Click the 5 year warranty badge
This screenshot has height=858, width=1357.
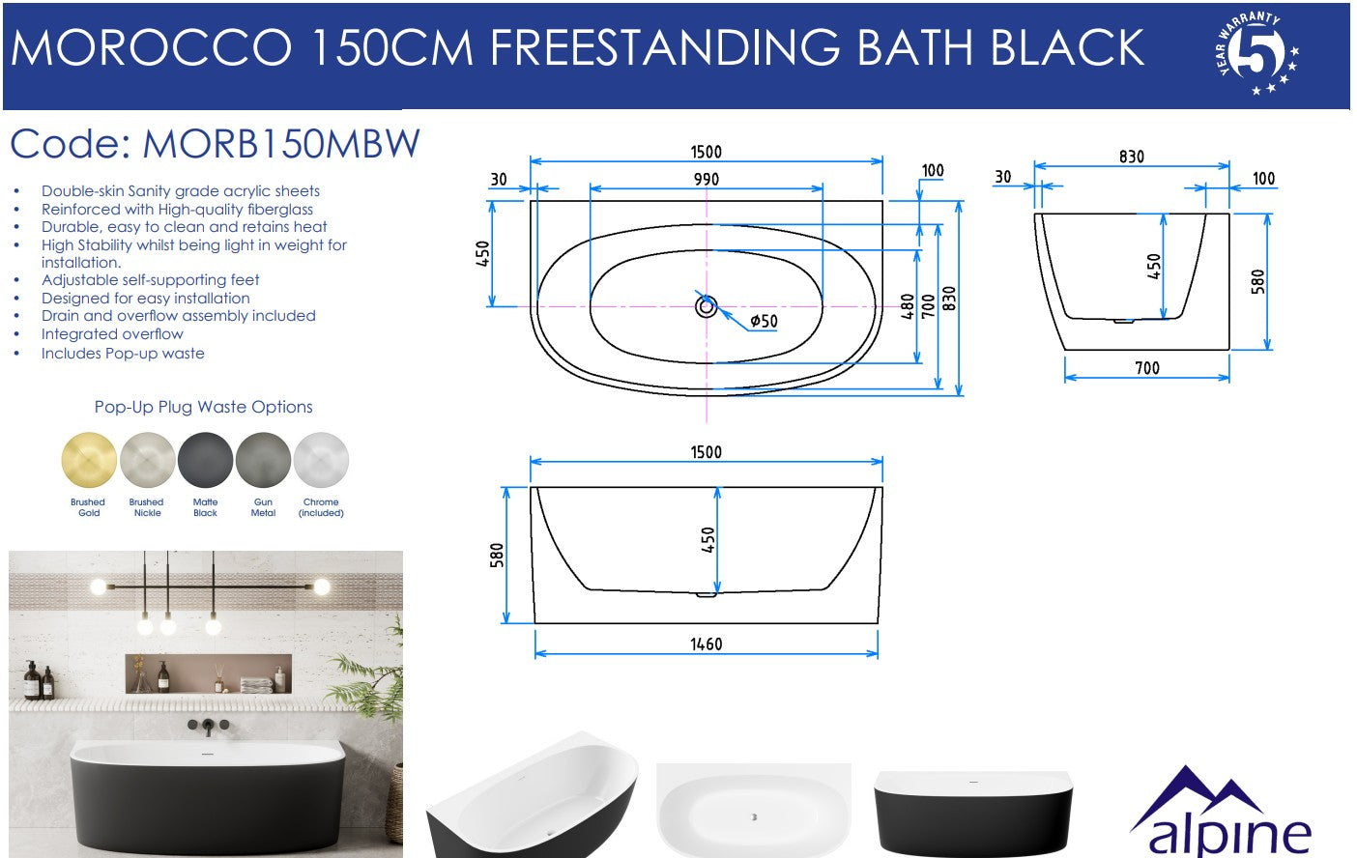pos(1256,54)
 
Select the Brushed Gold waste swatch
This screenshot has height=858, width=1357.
pos(89,460)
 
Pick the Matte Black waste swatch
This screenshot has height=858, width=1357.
pos(205,460)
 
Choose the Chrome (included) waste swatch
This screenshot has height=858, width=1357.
pos(321,460)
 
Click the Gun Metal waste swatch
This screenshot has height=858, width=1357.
pos(263,460)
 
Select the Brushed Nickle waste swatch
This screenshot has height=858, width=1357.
pos(147,460)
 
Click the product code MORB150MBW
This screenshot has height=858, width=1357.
pos(280,145)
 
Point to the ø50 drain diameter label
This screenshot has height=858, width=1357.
pos(764,322)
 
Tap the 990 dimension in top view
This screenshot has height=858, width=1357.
pos(707,179)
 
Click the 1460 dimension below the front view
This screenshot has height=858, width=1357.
pos(706,643)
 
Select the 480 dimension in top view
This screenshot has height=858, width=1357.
pos(908,307)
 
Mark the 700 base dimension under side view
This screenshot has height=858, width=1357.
pos(1147,367)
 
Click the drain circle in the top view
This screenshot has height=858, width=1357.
pos(707,307)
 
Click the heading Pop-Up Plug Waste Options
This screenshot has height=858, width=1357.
pos(203,407)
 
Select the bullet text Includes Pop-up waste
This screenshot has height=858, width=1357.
pos(123,353)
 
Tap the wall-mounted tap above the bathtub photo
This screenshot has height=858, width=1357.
pos(207,725)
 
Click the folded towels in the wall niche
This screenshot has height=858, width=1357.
pos(256,684)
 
